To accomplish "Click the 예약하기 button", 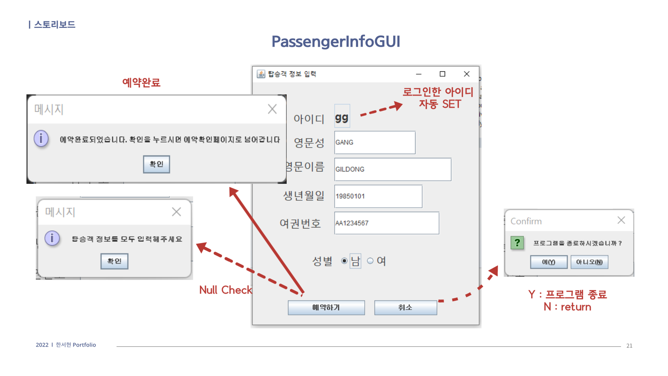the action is point(326,308).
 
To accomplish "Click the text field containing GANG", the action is point(375,142).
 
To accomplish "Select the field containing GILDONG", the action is point(392,169).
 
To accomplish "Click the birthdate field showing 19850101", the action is point(378,196).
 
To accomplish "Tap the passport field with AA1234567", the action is point(387,223).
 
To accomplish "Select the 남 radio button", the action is point(344,261).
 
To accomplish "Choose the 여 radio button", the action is point(370,261).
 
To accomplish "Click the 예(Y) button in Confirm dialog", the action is point(549,262).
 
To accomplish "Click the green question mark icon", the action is point(517,243).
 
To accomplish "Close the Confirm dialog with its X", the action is point(621,220).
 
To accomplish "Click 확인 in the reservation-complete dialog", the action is point(156,164).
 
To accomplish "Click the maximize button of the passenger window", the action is point(442,74).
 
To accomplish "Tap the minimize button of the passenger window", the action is point(419,74).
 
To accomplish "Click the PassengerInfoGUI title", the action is point(336,41).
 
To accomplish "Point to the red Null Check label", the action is point(225,290).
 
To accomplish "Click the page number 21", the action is point(629,346).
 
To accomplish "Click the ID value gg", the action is point(342,118).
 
